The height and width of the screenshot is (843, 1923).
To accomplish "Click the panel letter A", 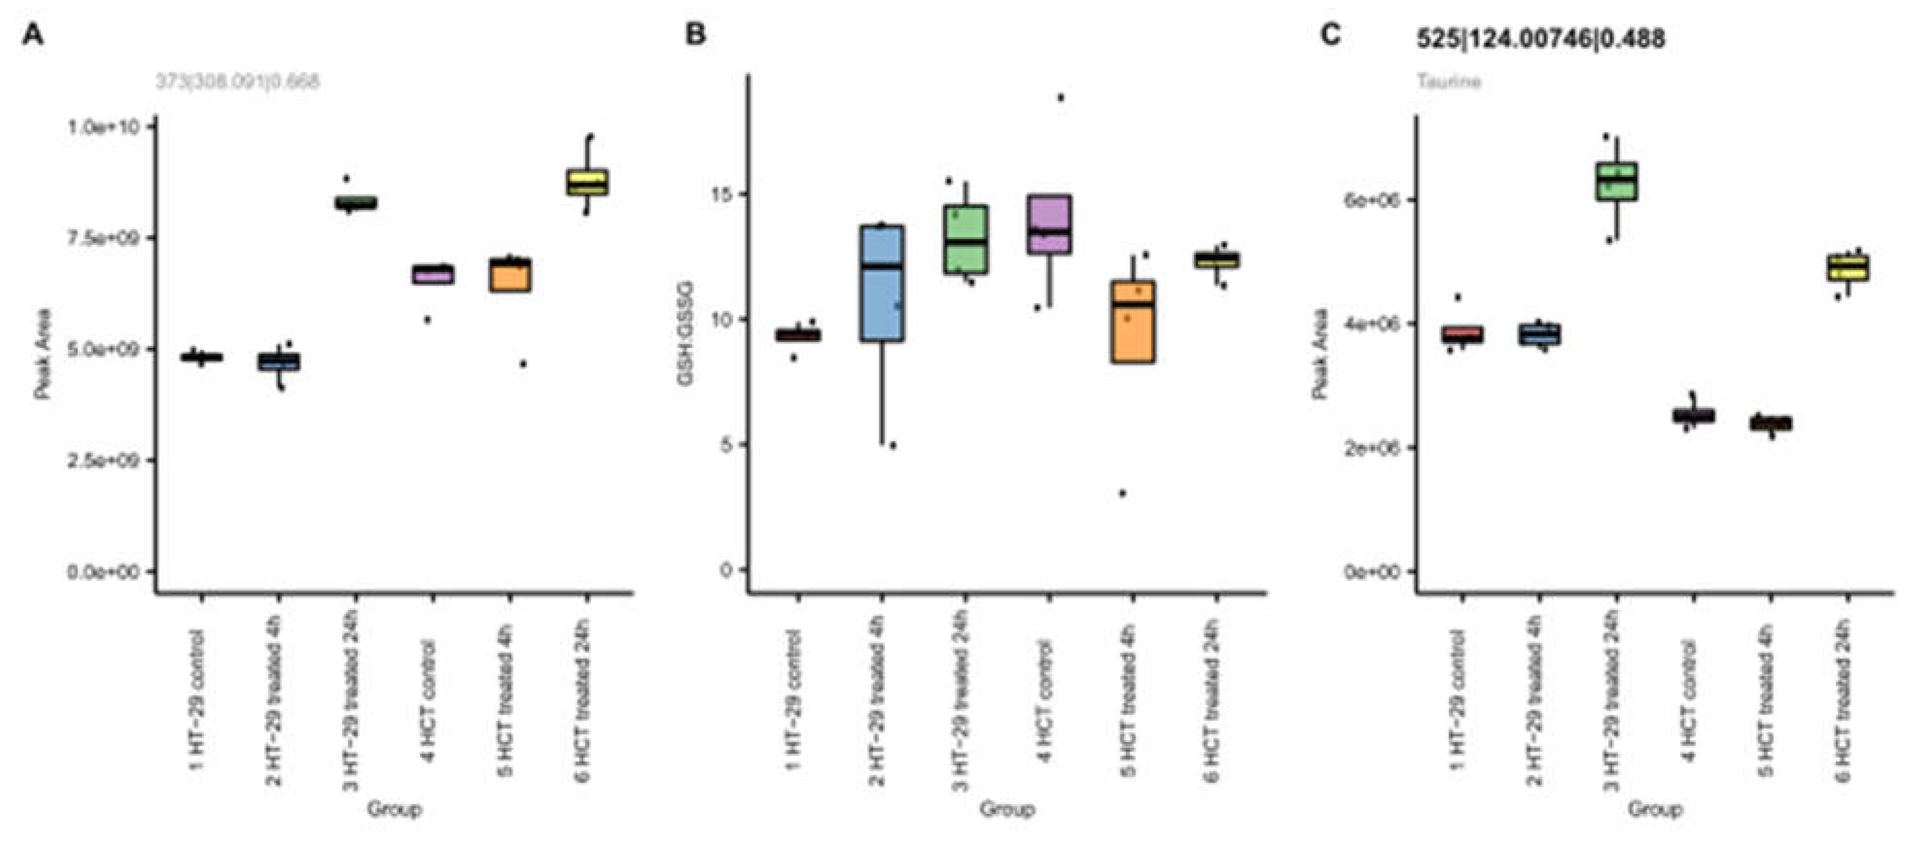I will pyautogui.click(x=33, y=35).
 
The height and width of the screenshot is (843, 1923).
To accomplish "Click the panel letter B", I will pyautogui.click(x=694, y=35).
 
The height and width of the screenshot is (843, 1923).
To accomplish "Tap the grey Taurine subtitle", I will pyautogui.click(x=1448, y=81).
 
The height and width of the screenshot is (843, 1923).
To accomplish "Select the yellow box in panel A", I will pyautogui.click(x=587, y=182).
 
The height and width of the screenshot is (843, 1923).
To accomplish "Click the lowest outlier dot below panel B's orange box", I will pyautogui.click(x=1122, y=493).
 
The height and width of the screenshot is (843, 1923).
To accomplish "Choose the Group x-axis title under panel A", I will pyautogui.click(x=394, y=809).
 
